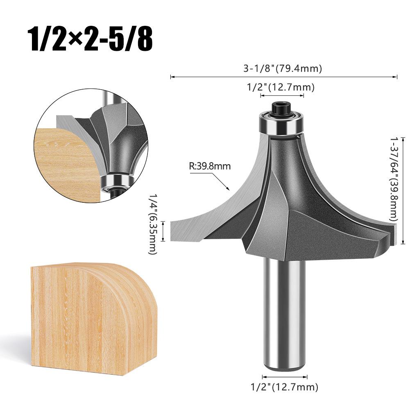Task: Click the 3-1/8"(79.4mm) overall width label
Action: pos(282,68)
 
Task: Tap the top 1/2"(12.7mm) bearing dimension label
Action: pos(281,87)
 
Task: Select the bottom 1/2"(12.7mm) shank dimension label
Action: pos(284,386)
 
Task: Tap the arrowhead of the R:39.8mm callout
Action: pos(228,189)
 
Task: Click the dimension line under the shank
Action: pos(284,376)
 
